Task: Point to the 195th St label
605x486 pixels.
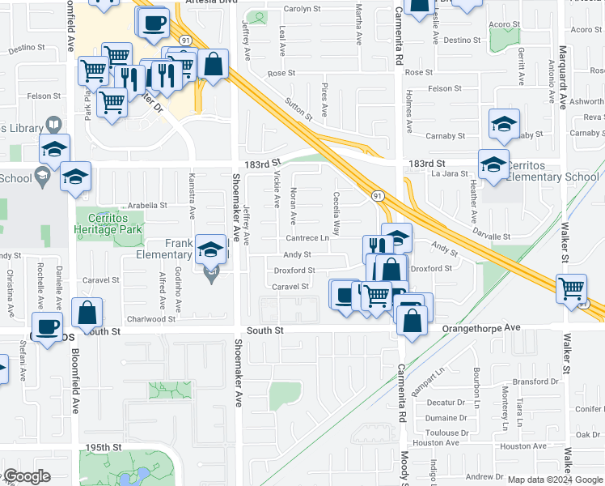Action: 104,447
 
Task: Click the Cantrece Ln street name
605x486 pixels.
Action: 307,238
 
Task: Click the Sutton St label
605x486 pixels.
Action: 298,109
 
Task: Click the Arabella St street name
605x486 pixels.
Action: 143,206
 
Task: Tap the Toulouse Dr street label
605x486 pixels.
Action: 447,433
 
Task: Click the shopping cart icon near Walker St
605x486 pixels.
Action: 572,288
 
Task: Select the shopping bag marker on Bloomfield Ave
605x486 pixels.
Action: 87,312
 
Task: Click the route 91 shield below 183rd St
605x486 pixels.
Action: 377,196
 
